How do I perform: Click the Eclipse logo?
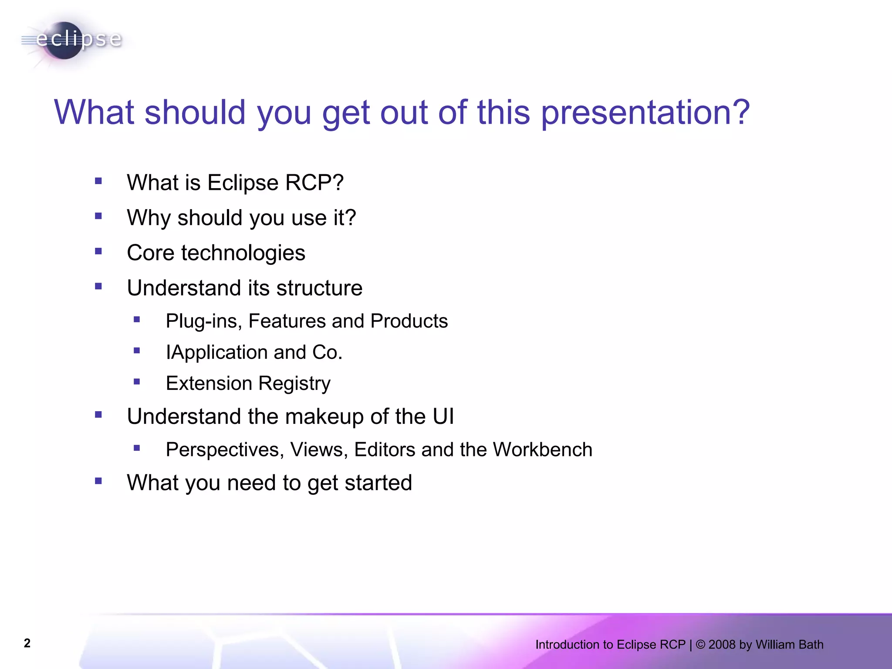point(72,40)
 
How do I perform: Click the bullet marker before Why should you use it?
point(98,216)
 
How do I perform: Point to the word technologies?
point(243,253)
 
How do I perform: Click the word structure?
point(319,288)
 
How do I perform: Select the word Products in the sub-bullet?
point(409,321)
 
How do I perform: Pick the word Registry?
point(294,384)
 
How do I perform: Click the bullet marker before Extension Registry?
point(137,382)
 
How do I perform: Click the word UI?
point(443,416)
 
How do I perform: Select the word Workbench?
point(542,450)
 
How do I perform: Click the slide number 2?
point(27,643)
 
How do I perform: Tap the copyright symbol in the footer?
point(700,645)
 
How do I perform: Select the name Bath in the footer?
point(811,645)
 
